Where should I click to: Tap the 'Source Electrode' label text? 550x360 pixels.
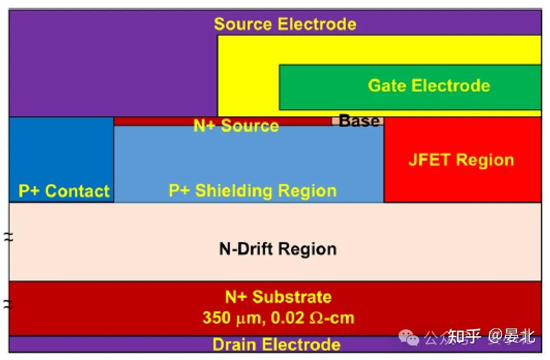coord(285,24)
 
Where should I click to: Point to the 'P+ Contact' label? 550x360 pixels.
coord(64,191)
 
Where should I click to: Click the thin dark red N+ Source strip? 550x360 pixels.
coord(155,121)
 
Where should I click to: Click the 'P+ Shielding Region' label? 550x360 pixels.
coord(252,191)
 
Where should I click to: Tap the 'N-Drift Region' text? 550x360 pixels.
coord(278,249)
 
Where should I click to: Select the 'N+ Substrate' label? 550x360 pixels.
coord(278,297)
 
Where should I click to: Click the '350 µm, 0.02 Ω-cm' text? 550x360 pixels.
coord(278,317)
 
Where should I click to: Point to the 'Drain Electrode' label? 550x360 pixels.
coord(276,344)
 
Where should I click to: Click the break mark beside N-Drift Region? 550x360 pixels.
coord(8,237)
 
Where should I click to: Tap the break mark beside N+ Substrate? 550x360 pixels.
coord(8,304)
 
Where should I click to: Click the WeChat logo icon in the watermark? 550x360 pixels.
coord(412,338)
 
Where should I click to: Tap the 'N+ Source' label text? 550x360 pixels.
coord(236,126)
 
